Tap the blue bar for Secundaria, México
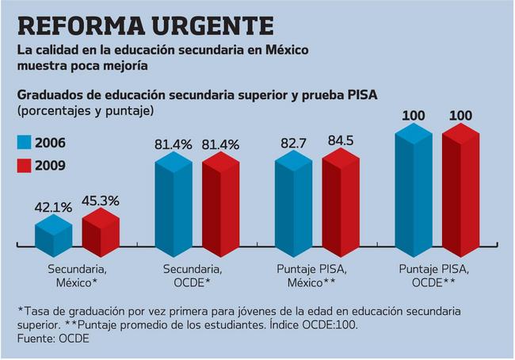pos(53,235)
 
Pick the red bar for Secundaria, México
pos(101,232)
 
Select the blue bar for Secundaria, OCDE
pos(174,202)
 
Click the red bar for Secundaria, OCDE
pos(220,202)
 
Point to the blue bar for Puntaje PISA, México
pos(293,202)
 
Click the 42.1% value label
pos(53,208)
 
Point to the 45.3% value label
pos(100,201)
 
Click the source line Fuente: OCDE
pos(52,339)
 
